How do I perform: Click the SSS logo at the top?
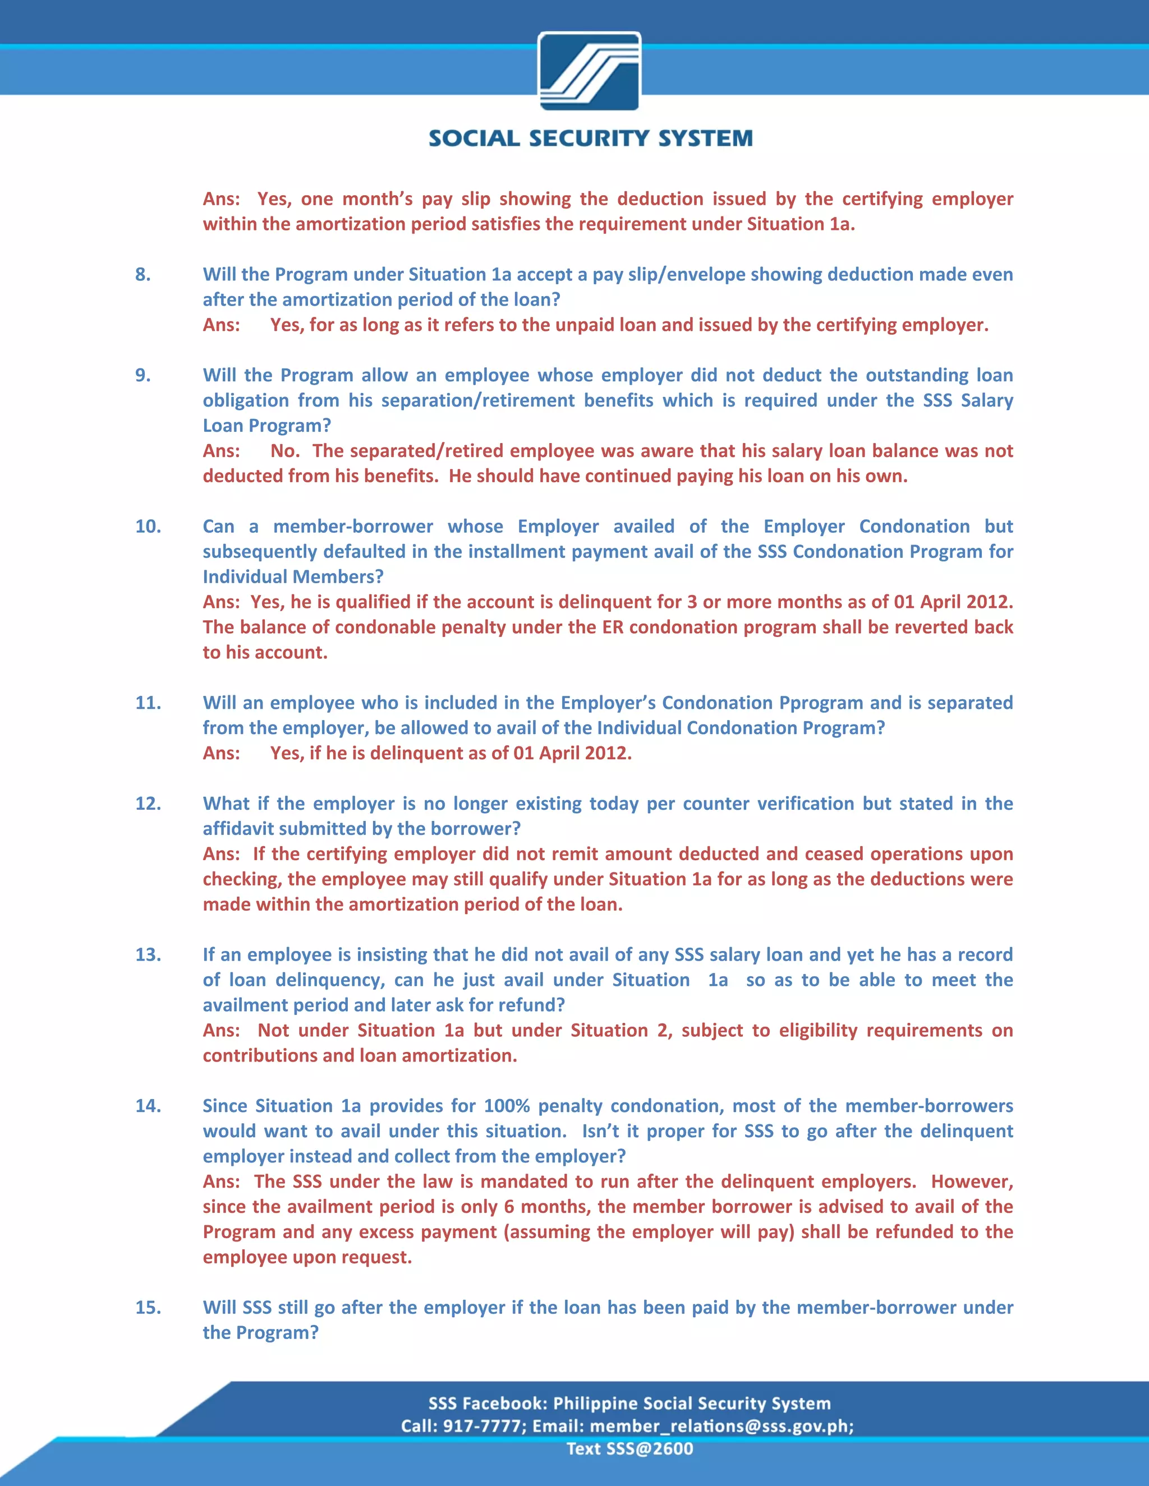(590, 71)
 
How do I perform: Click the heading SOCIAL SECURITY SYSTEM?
(590, 139)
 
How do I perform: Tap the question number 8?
(143, 274)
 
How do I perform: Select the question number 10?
(148, 526)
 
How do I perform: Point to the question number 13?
(148, 954)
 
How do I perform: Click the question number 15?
(148, 1307)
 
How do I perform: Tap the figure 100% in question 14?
(507, 1106)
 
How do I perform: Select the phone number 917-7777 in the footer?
(482, 1425)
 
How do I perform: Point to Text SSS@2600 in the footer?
(629, 1448)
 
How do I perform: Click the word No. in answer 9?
(284, 450)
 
